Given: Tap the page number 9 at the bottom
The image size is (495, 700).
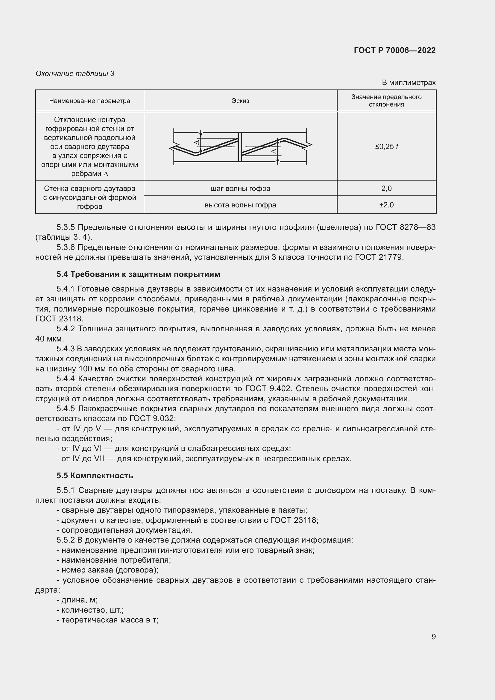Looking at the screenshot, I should tap(433, 637).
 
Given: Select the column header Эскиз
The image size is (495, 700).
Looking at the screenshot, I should tap(240, 101).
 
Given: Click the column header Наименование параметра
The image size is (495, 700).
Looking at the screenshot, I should tap(89, 101).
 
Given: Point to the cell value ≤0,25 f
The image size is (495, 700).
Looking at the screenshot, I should tap(386, 147).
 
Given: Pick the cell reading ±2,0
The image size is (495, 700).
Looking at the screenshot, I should tap(386, 205).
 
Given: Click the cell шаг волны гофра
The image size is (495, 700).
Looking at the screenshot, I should tap(240, 189).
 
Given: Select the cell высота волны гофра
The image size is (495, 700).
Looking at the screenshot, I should tap(240, 205).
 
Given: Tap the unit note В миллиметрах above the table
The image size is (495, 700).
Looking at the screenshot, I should tap(409, 83).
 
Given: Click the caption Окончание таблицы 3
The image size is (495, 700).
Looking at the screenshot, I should tap(75, 74).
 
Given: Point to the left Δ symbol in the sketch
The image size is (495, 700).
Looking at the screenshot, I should tap(197, 142).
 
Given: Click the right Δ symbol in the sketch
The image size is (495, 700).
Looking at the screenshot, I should tap(274, 151).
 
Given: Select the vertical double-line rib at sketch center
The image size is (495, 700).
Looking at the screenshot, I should tap(240, 147).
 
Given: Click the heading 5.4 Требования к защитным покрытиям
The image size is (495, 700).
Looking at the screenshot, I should tap(138, 274).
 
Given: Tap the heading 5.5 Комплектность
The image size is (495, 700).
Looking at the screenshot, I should tap(95, 476).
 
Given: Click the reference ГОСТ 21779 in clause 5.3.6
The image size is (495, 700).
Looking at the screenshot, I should tap(379, 257).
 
